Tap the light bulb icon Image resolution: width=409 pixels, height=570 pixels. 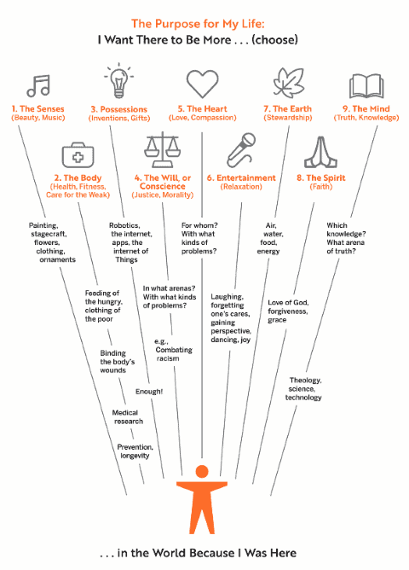point(118,81)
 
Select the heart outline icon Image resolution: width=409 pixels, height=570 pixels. point(202,84)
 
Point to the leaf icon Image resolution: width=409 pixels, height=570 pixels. point(289,84)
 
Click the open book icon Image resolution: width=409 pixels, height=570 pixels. point(366,86)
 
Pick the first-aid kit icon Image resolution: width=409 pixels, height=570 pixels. point(78,154)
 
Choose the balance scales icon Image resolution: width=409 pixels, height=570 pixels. point(162,149)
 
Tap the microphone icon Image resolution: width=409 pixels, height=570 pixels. point(241,150)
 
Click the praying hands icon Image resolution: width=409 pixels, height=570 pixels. point(320,153)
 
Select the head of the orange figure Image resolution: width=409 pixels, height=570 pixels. point(202,471)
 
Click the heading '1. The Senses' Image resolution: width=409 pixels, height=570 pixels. point(37,108)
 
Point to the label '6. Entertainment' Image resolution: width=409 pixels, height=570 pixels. point(241,177)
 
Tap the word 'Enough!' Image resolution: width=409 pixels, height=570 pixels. point(149,392)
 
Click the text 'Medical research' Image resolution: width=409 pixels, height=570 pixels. point(127,417)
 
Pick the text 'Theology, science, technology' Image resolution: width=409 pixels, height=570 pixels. point(303,389)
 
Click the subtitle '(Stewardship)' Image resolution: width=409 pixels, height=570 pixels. point(287,118)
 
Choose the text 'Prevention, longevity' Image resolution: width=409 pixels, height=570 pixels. point(135,451)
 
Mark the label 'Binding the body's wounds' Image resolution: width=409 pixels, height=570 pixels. point(112,362)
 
